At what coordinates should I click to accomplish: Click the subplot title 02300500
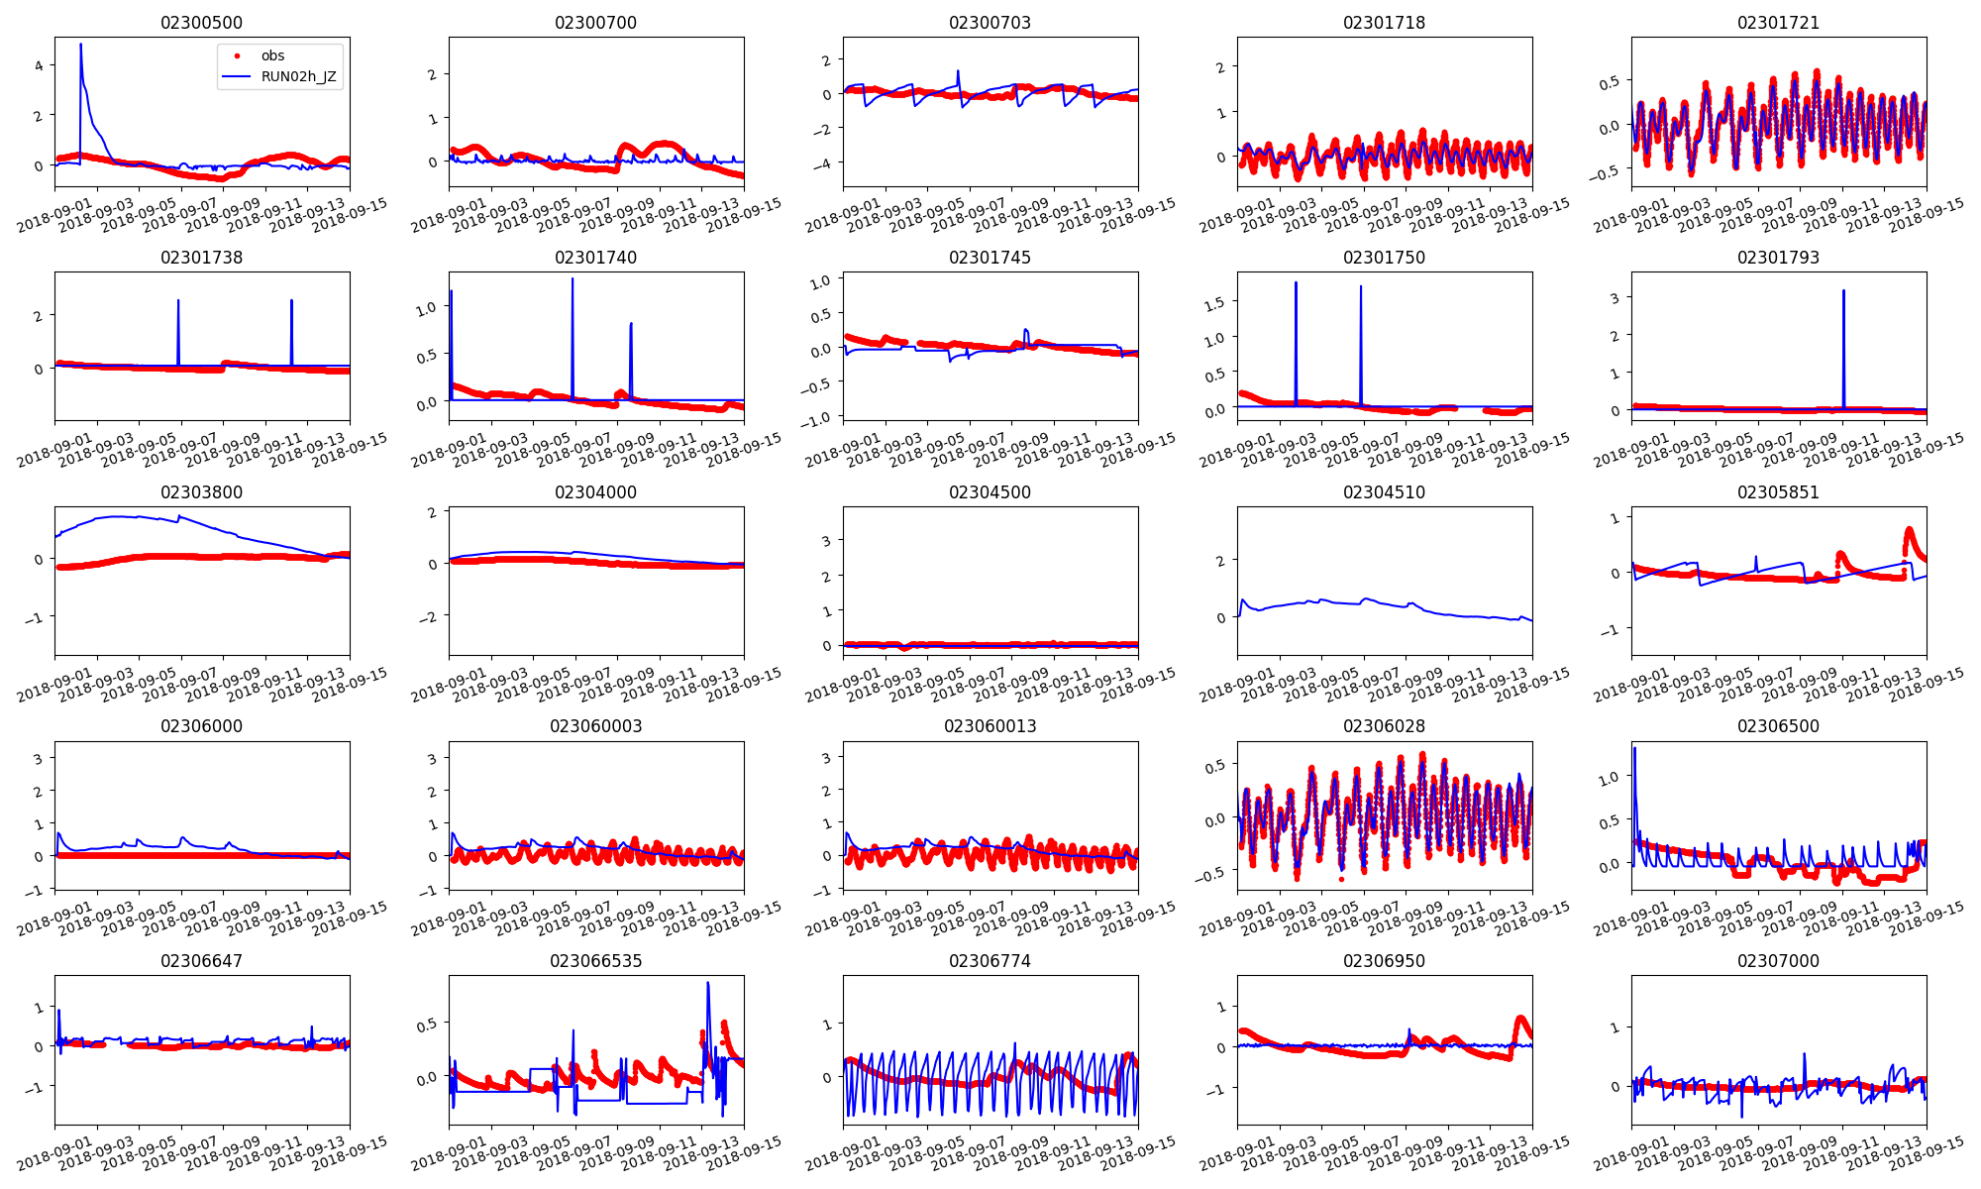201,23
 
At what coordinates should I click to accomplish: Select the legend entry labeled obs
272,55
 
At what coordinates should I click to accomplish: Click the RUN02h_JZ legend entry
298,76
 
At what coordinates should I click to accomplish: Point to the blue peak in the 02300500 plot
81,45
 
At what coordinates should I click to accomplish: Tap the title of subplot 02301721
1778,23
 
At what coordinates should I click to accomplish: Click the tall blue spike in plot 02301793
1843,291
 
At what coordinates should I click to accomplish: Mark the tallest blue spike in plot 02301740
573,280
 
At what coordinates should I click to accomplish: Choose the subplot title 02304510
1384,492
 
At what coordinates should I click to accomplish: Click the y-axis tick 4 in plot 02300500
39,65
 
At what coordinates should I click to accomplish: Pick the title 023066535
595,961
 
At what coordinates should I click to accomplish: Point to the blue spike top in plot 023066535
708,983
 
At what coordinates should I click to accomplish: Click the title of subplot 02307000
1778,961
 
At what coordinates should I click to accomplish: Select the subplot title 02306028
1384,726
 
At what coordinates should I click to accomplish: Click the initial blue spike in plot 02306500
1634,749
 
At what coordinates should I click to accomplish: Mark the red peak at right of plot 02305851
1910,530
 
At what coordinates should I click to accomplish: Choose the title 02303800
201,492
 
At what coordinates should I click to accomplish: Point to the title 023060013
990,726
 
